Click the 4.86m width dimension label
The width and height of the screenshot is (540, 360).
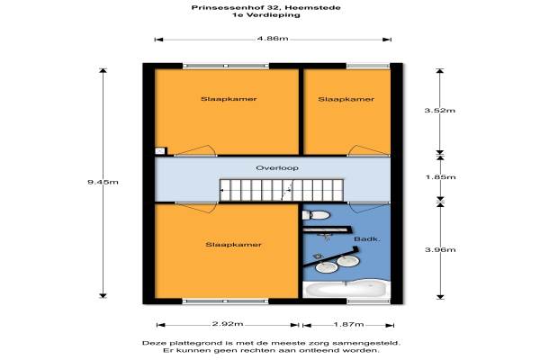[x=273, y=38]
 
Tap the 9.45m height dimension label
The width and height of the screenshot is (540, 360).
[x=103, y=182]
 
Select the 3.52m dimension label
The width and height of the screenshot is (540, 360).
[x=440, y=110]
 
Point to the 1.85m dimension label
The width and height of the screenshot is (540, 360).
[x=440, y=177]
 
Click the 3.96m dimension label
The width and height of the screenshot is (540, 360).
[x=440, y=249]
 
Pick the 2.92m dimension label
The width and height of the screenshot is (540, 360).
[x=228, y=324]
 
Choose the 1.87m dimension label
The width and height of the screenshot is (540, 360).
[x=348, y=324]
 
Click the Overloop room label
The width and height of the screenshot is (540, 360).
[x=277, y=168]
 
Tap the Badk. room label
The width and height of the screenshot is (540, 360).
[x=367, y=238]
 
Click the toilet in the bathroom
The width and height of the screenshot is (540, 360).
[x=316, y=215]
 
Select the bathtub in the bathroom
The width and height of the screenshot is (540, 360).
[x=346, y=289]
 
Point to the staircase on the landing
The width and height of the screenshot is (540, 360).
[x=282, y=190]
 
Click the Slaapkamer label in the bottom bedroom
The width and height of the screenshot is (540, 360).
[x=233, y=245]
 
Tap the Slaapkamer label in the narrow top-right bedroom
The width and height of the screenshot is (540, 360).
[x=346, y=99]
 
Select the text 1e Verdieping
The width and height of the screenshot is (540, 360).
[x=265, y=15]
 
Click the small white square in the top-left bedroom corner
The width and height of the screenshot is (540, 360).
[x=160, y=151]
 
